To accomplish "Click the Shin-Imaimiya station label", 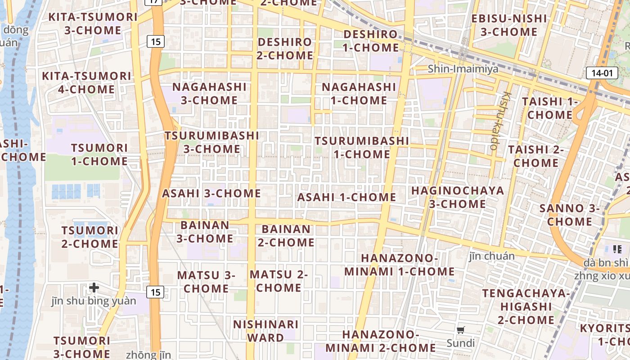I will pyautogui.click(x=463, y=69).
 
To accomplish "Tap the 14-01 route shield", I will pyautogui.click(x=602, y=73).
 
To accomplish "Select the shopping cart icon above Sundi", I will pyautogui.click(x=460, y=330).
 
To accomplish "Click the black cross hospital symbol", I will pyautogui.click(x=94, y=287).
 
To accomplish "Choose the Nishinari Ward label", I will pyautogui.click(x=266, y=331).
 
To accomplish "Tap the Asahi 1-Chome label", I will pyautogui.click(x=346, y=197).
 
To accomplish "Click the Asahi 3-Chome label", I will pyautogui.click(x=211, y=193).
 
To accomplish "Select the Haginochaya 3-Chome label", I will pyautogui.click(x=458, y=197).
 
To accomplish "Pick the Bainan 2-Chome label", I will pyautogui.click(x=286, y=236).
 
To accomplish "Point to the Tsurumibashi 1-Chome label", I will pyautogui.click(x=362, y=148).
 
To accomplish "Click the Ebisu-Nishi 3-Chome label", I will pyautogui.click(x=509, y=25).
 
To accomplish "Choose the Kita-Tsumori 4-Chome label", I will pyautogui.click(x=86, y=82).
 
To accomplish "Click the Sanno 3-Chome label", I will pyautogui.click(x=570, y=215).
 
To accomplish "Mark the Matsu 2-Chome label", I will pyautogui.click(x=279, y=281).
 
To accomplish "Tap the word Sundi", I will pyautogui.click(x=460, y=343).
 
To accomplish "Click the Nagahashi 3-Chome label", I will pyautogui.click(x=209, y=93).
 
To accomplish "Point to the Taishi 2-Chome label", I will pyautogui.click(x=535, y=156).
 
